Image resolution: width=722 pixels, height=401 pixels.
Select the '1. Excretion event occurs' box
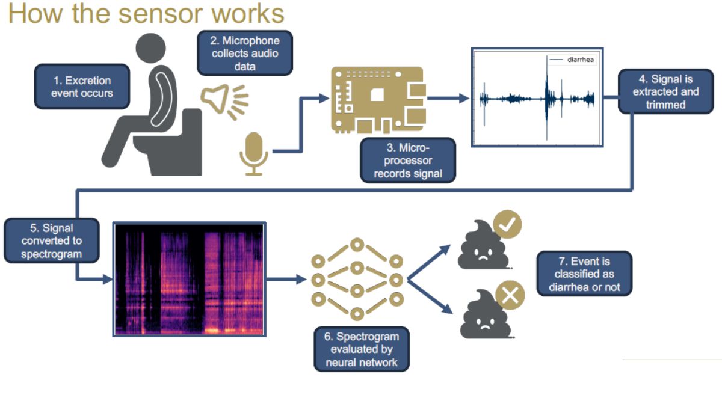point(82,87)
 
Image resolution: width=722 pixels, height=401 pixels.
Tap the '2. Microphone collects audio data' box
point(245,53)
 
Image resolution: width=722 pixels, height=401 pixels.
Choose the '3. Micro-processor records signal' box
point(407,161)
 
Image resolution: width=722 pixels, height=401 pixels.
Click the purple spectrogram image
point(189,279)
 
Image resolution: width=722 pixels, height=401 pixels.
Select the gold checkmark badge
point(507,225)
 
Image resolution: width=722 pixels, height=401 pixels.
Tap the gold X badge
point(510,295)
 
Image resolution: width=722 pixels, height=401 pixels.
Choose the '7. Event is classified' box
point(584,274)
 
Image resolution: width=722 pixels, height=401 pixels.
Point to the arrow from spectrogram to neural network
point(286,279)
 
